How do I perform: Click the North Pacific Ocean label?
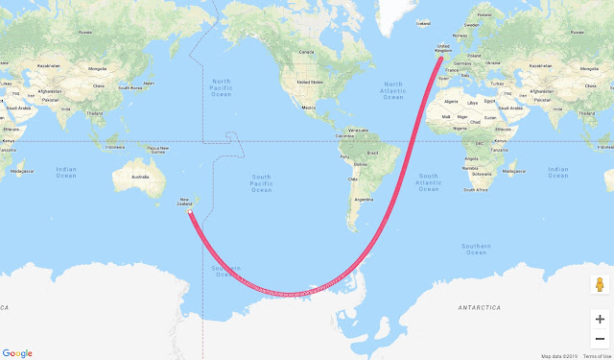coord(222,87)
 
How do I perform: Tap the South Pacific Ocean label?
coord(261,183)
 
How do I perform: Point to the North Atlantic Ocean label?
coord(392,90)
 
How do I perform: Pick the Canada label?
coord(308,51)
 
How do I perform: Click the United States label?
coord(311,83)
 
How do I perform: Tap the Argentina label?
coord(363,199)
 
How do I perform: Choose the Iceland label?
coord(423,24)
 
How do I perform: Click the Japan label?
coord(149,84)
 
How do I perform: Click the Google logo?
coord(17,352)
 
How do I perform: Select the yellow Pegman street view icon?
coord(600,285)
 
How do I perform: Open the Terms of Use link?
coord(596,356)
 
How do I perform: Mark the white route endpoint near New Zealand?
coord(189,212)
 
